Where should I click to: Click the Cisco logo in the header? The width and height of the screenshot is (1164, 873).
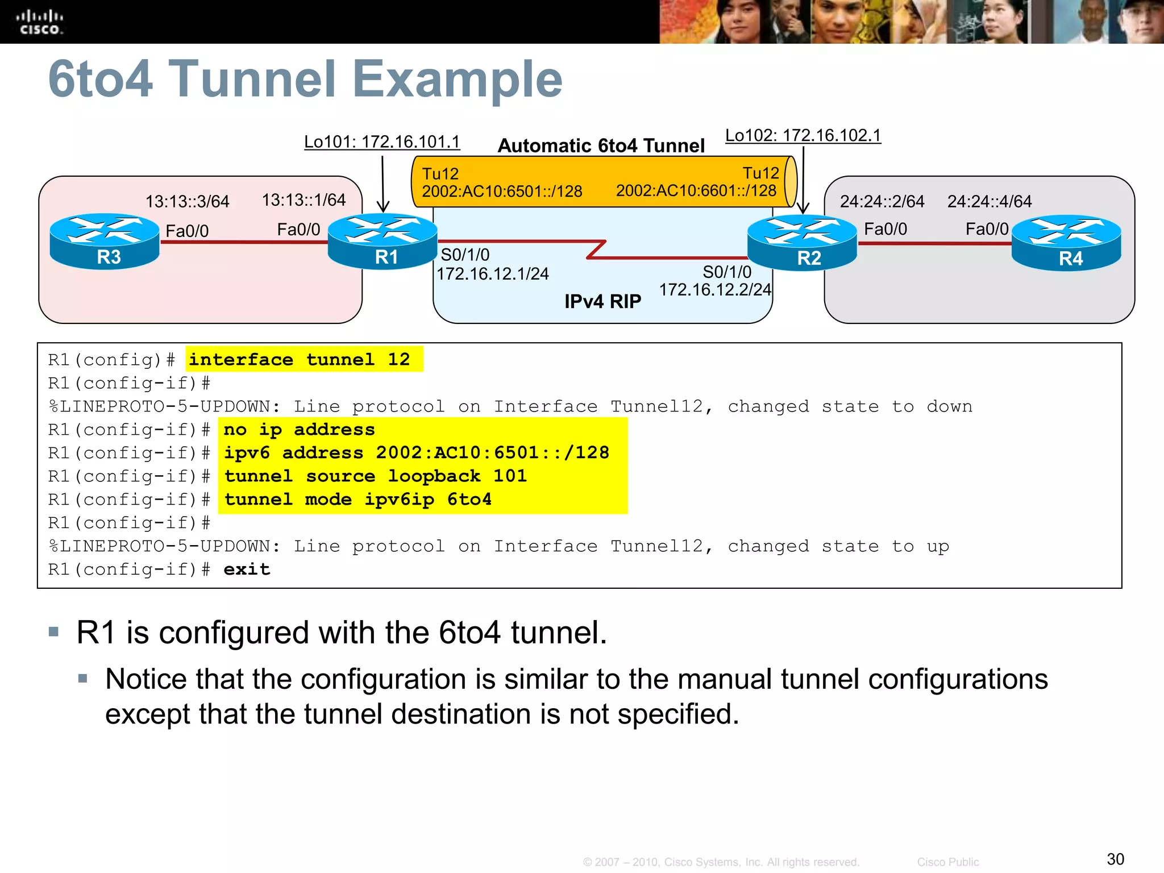click(39, 22)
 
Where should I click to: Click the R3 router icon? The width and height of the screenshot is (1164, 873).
click(105, 241)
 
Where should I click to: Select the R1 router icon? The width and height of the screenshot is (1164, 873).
click(383, 241)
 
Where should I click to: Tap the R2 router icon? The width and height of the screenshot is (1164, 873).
click(802, 243)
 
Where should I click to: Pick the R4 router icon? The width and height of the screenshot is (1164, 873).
click(1066, 243)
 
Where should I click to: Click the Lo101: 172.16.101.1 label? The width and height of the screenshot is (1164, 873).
click(382, 142)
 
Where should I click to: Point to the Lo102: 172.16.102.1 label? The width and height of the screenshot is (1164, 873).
click(803, 135)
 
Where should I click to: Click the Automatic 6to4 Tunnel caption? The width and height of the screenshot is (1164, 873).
click(601, 145)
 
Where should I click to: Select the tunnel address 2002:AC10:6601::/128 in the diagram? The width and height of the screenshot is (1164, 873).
click(696, 190)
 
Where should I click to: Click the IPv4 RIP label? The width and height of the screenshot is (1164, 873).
click(602, 301)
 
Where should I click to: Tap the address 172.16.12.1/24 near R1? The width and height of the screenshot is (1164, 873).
click(492, 274)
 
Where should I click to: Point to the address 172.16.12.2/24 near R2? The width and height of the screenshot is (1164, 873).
click(715, 290)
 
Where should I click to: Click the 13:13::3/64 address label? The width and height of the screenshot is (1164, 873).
click(187, 202)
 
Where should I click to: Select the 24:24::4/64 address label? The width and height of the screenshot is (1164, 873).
click(989, 201)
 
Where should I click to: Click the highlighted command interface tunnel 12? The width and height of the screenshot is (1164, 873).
click(300, 360)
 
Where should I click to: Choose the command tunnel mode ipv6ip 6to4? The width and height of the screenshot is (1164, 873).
click(357, 500)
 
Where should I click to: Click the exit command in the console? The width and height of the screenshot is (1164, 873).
click(247, 569)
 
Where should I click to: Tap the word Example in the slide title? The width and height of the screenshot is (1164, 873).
click(457, 79)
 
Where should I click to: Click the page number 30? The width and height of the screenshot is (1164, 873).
click(1115, 859)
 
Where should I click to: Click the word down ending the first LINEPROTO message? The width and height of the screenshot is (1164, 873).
click(949, 407)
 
